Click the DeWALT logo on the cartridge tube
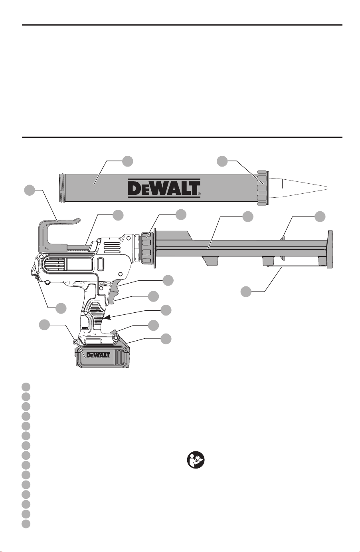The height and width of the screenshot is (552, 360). (x=164, y=188)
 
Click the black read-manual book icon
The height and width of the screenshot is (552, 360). (x=196, y=460)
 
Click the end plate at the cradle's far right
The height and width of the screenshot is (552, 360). (x=330, y=249)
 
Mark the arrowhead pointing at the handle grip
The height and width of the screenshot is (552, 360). (x=108, y=318)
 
